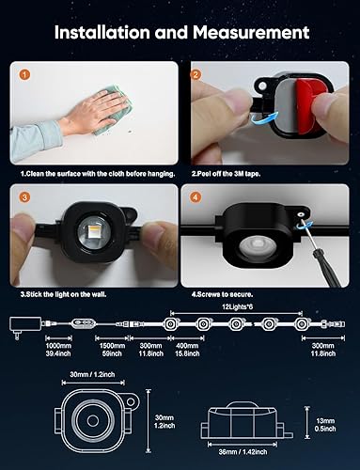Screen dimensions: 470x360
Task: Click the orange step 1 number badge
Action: [25, 73]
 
